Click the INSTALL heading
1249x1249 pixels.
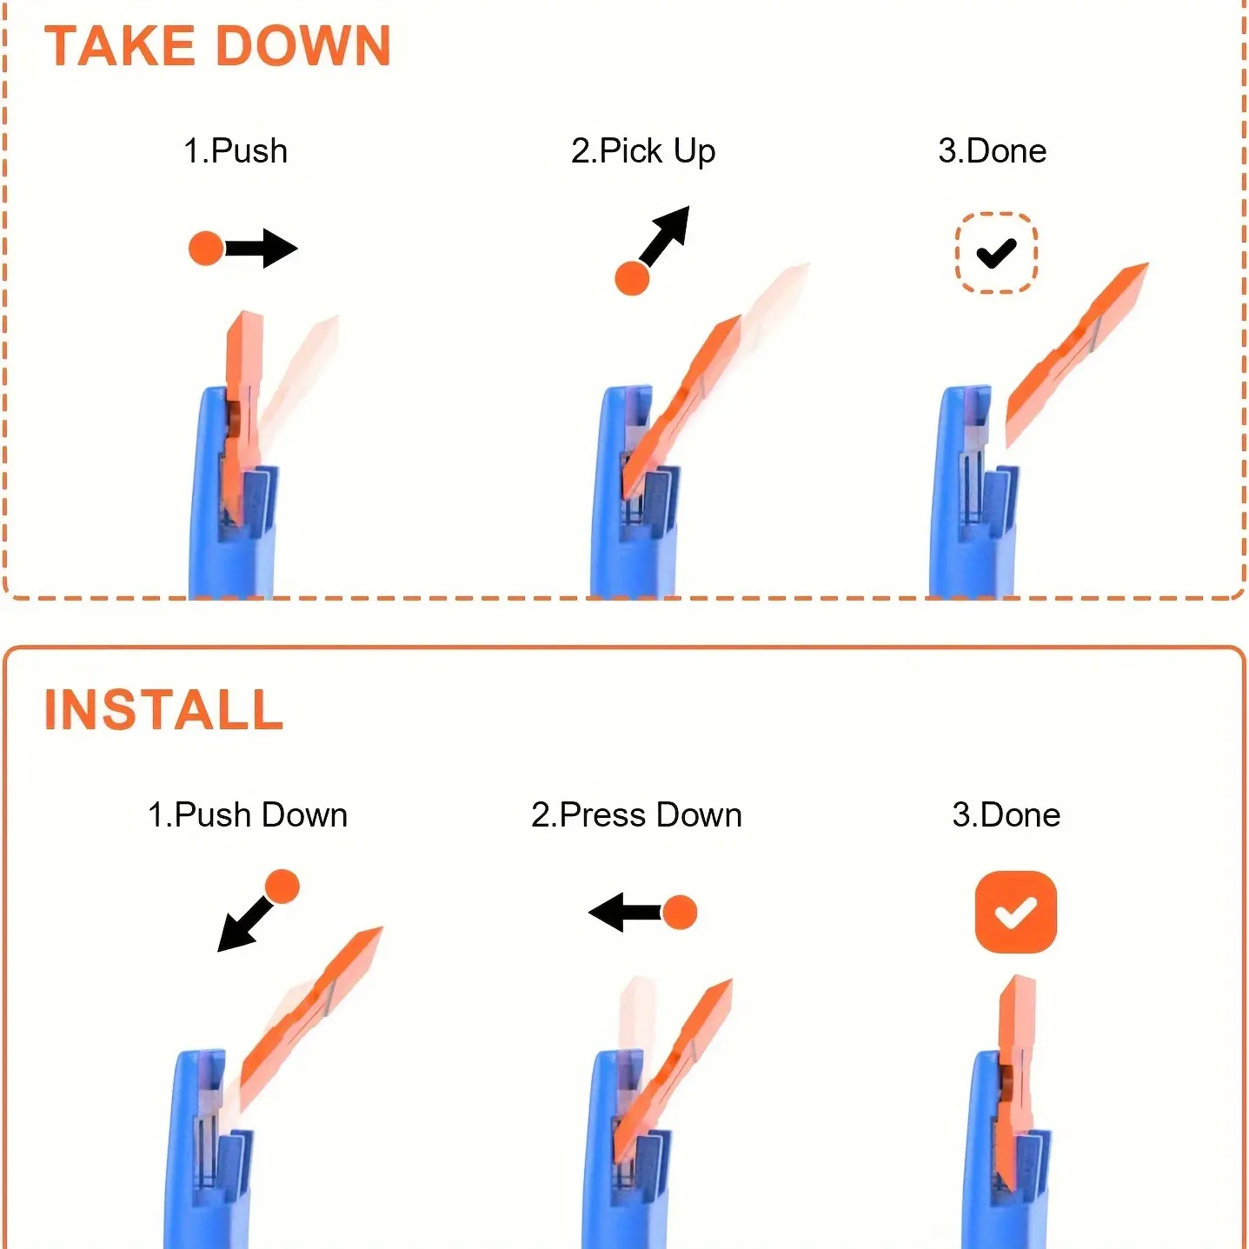click(163, 710)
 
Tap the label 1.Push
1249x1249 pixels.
click(236, 151)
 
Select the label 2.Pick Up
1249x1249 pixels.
click(643, 152)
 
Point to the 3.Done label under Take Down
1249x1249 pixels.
click(993, 151)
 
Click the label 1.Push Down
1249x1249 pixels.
click(248, 814)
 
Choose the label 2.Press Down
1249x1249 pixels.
click(636, 814)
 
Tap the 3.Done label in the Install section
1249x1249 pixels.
click(1006, 814)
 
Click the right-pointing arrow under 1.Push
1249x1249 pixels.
click(262, 249)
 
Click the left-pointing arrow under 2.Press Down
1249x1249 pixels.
click(625, 913)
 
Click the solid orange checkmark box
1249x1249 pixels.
click(1016, 912)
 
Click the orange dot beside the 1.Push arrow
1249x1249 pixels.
click(206, 249)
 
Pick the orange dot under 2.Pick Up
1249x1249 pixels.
click(632, 279)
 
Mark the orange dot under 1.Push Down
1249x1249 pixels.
click(282, 887)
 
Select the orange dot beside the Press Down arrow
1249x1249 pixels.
click(680, 913)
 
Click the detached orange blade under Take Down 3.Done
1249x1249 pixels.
click(1076, 355)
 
